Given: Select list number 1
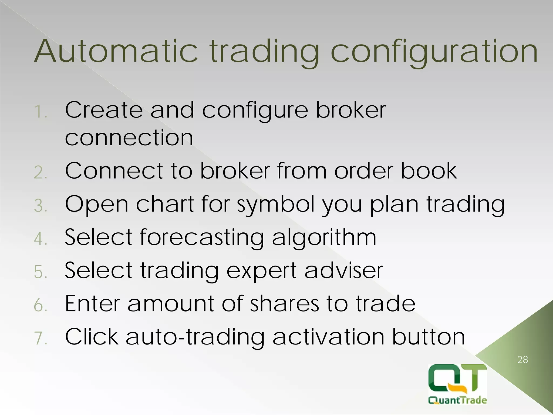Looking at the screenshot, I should pyautogui.click(x=40, y=112).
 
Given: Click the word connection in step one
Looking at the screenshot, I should pyautogui.click(x=129, y=138).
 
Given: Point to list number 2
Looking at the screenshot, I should pyautogui.click(x=41, y=172).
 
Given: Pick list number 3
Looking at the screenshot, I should pyautogui.click(x=41, y=206).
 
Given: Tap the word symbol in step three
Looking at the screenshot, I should pyautogui.click(x=276, y=205).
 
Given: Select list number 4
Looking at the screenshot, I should pyautogui.click(x=41, y=239).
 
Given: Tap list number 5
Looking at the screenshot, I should pyautogui.click(x=41, y=272).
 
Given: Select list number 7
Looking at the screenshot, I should pyautogui.click(x=41, y=338).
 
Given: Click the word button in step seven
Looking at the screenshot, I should pyautogui.click(x=428, y=337).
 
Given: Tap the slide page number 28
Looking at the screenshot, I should pyautogui.click(x=522, y=360).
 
